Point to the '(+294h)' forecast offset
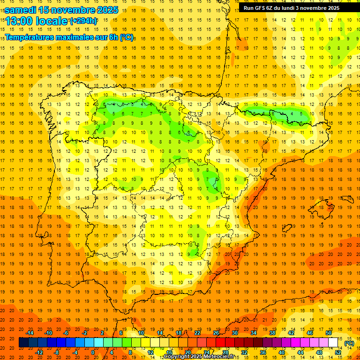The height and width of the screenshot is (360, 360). (x=83, y=21)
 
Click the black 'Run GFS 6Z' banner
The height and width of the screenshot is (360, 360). (x=295, y=8)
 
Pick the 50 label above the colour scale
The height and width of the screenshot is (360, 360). (x=328, y=333)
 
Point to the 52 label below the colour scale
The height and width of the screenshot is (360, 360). (x=337, y=352)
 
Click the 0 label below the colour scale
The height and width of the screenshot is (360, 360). (x=93, y=352)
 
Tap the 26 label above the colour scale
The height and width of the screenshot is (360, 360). (x=216, y=333)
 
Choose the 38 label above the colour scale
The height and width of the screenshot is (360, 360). (x=272, y=333)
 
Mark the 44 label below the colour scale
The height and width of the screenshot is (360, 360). (x=300, y=352)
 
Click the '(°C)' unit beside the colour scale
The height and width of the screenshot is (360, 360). (x=349, y=343)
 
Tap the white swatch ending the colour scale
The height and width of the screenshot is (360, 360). (x=333, y=343)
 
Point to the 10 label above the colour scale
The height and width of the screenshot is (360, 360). (x=141, y=333)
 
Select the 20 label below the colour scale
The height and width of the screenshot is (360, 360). (x=187, y=352)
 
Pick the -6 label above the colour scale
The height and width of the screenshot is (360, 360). (x=67, y=333)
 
